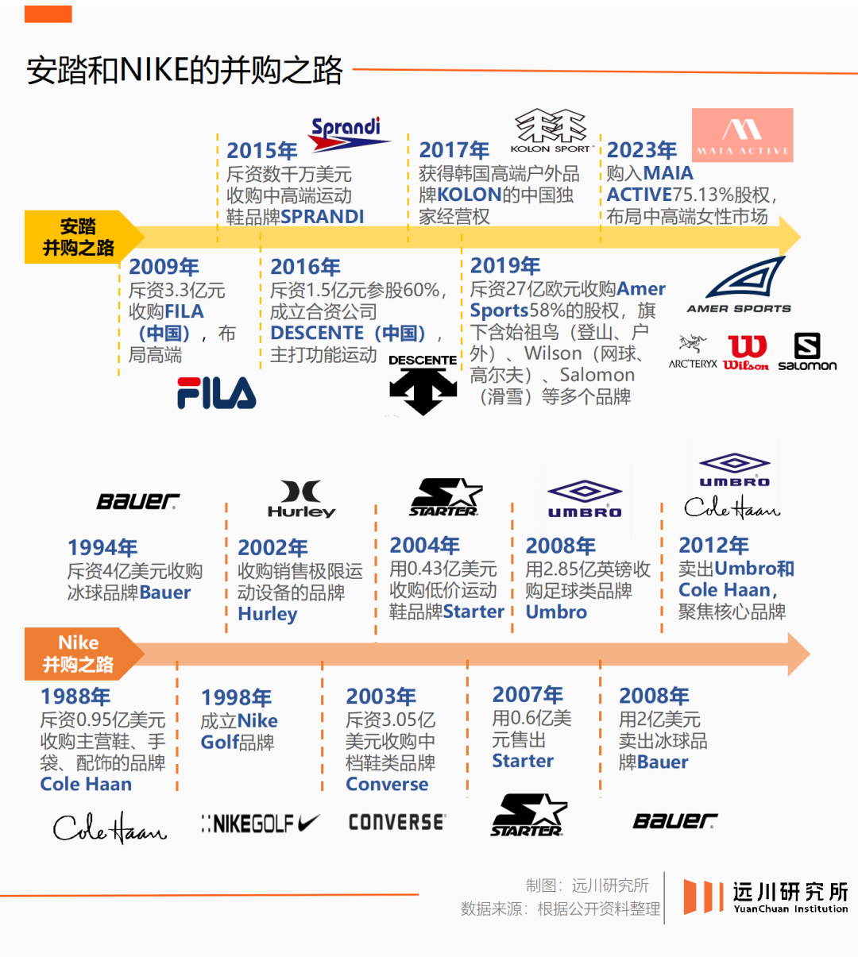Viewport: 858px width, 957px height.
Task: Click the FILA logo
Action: pyautogui.click(x=216, y=393)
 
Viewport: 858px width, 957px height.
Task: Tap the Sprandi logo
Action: pyautogui.click(x=347, y=134)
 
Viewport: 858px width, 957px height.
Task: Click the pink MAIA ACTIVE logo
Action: pyautogui.click(x=743, y=135)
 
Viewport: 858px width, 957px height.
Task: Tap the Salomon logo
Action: pyautogui.click(x=807, y=353)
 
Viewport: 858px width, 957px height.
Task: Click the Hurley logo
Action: pyautogui.click(x=301, y=500)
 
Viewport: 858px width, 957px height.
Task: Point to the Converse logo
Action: pyautogui.click(x=397, y=823)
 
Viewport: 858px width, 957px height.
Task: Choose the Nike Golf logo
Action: pyautogui.click(x=261, y=824)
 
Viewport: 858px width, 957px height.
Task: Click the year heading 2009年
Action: pyautogui.click(x=164, y=267)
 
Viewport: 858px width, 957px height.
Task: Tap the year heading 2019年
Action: pyautogui.click(x=505, y=265)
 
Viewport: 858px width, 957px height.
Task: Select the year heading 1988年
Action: pyautogui.click(x=75, y=697)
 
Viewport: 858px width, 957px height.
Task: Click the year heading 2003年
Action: pyautogui.click(x=381, y=697)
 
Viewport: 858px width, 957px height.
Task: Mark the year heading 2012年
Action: pyautogui.click(x=713, y=545)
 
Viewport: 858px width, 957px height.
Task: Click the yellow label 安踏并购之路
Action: pyautogui.click(x=78, y=237)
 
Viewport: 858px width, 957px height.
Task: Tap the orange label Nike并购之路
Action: pyautogui.click(x=78, y=654)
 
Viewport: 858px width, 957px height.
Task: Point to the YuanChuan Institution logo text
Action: pyautogui.click(x=790, y=897)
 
